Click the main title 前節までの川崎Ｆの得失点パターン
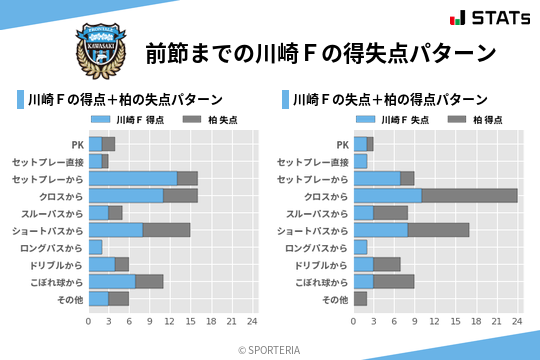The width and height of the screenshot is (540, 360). [x=320, y=52]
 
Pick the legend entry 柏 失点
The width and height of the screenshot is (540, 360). [x=211, y=120]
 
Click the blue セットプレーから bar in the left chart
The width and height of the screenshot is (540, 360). [x=132, y=178]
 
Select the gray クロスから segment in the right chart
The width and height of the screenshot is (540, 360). [x=469, y=195]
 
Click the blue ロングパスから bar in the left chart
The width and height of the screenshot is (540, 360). [x=95, y=247]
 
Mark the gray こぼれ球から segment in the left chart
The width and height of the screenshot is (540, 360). [x=149, y=281]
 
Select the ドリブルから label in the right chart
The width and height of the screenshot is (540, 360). [x=323, y=264]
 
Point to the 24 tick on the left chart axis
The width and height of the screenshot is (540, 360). [x=252, y=321]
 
